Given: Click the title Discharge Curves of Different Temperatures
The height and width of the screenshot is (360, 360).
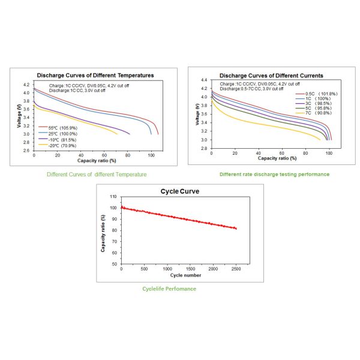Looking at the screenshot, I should pos(95,76).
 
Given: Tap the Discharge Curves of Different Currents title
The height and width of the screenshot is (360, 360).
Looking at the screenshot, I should pos(271,76).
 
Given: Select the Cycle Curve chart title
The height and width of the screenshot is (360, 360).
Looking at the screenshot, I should pos(180,191).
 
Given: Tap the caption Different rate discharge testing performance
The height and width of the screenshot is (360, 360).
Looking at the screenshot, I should pos(274,175).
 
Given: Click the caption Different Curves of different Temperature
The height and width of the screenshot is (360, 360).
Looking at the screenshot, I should pos(97,175).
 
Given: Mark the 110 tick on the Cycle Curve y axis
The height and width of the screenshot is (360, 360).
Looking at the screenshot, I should pos(113,196).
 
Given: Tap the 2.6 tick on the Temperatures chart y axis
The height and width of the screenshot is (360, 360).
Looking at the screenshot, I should pos(26,151).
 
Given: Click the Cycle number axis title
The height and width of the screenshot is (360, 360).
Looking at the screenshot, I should pos(179,275).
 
